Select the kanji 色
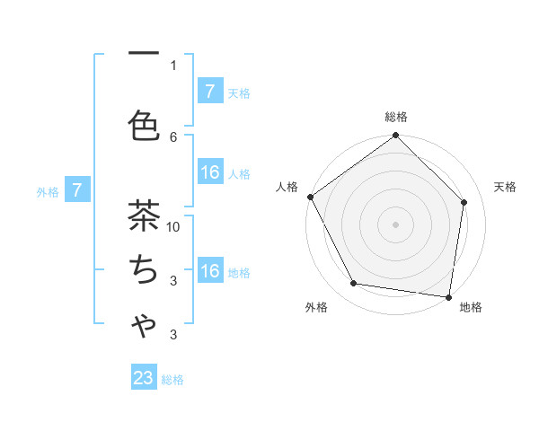coord(144,126)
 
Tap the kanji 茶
coord(144,216)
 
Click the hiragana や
coord(144,326)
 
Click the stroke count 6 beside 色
coord(173,136)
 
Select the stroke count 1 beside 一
coord(173,66)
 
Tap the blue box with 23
coord(144,378)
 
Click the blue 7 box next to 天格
coord(209,92)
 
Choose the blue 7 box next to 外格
coord(78,190)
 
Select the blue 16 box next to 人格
coord(209,172)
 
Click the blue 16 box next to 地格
coord(209,271)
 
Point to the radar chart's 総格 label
coord(396,117)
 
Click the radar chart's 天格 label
coord(505,187)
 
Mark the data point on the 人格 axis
coord(311,197)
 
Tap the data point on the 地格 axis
coord(448,296)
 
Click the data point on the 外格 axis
coord(354,284)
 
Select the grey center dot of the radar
coord(396,224)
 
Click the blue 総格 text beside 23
coord(172,380)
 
